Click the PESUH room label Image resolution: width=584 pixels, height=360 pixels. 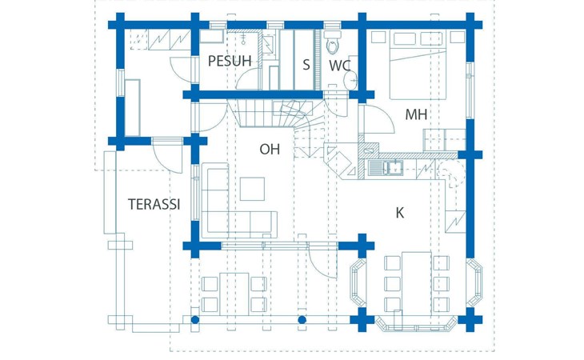(230, 61)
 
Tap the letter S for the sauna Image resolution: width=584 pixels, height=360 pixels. (306, 65)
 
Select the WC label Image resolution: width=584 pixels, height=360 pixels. (340, 66)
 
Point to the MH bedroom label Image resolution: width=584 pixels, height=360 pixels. (416, 114)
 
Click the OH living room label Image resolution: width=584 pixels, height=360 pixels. (270, 150)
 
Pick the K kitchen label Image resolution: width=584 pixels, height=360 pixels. (400, 213)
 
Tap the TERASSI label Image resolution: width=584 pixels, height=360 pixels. (154, 204)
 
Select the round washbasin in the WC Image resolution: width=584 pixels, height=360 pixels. (350, 81)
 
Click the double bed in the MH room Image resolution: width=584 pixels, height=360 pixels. (418, 66)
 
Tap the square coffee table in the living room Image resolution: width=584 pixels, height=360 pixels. (252, 189)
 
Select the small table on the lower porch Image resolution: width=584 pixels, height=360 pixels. (234, 294)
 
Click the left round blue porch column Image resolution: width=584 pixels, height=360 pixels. (194, 320)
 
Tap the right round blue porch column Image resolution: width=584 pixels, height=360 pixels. (302, 320)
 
